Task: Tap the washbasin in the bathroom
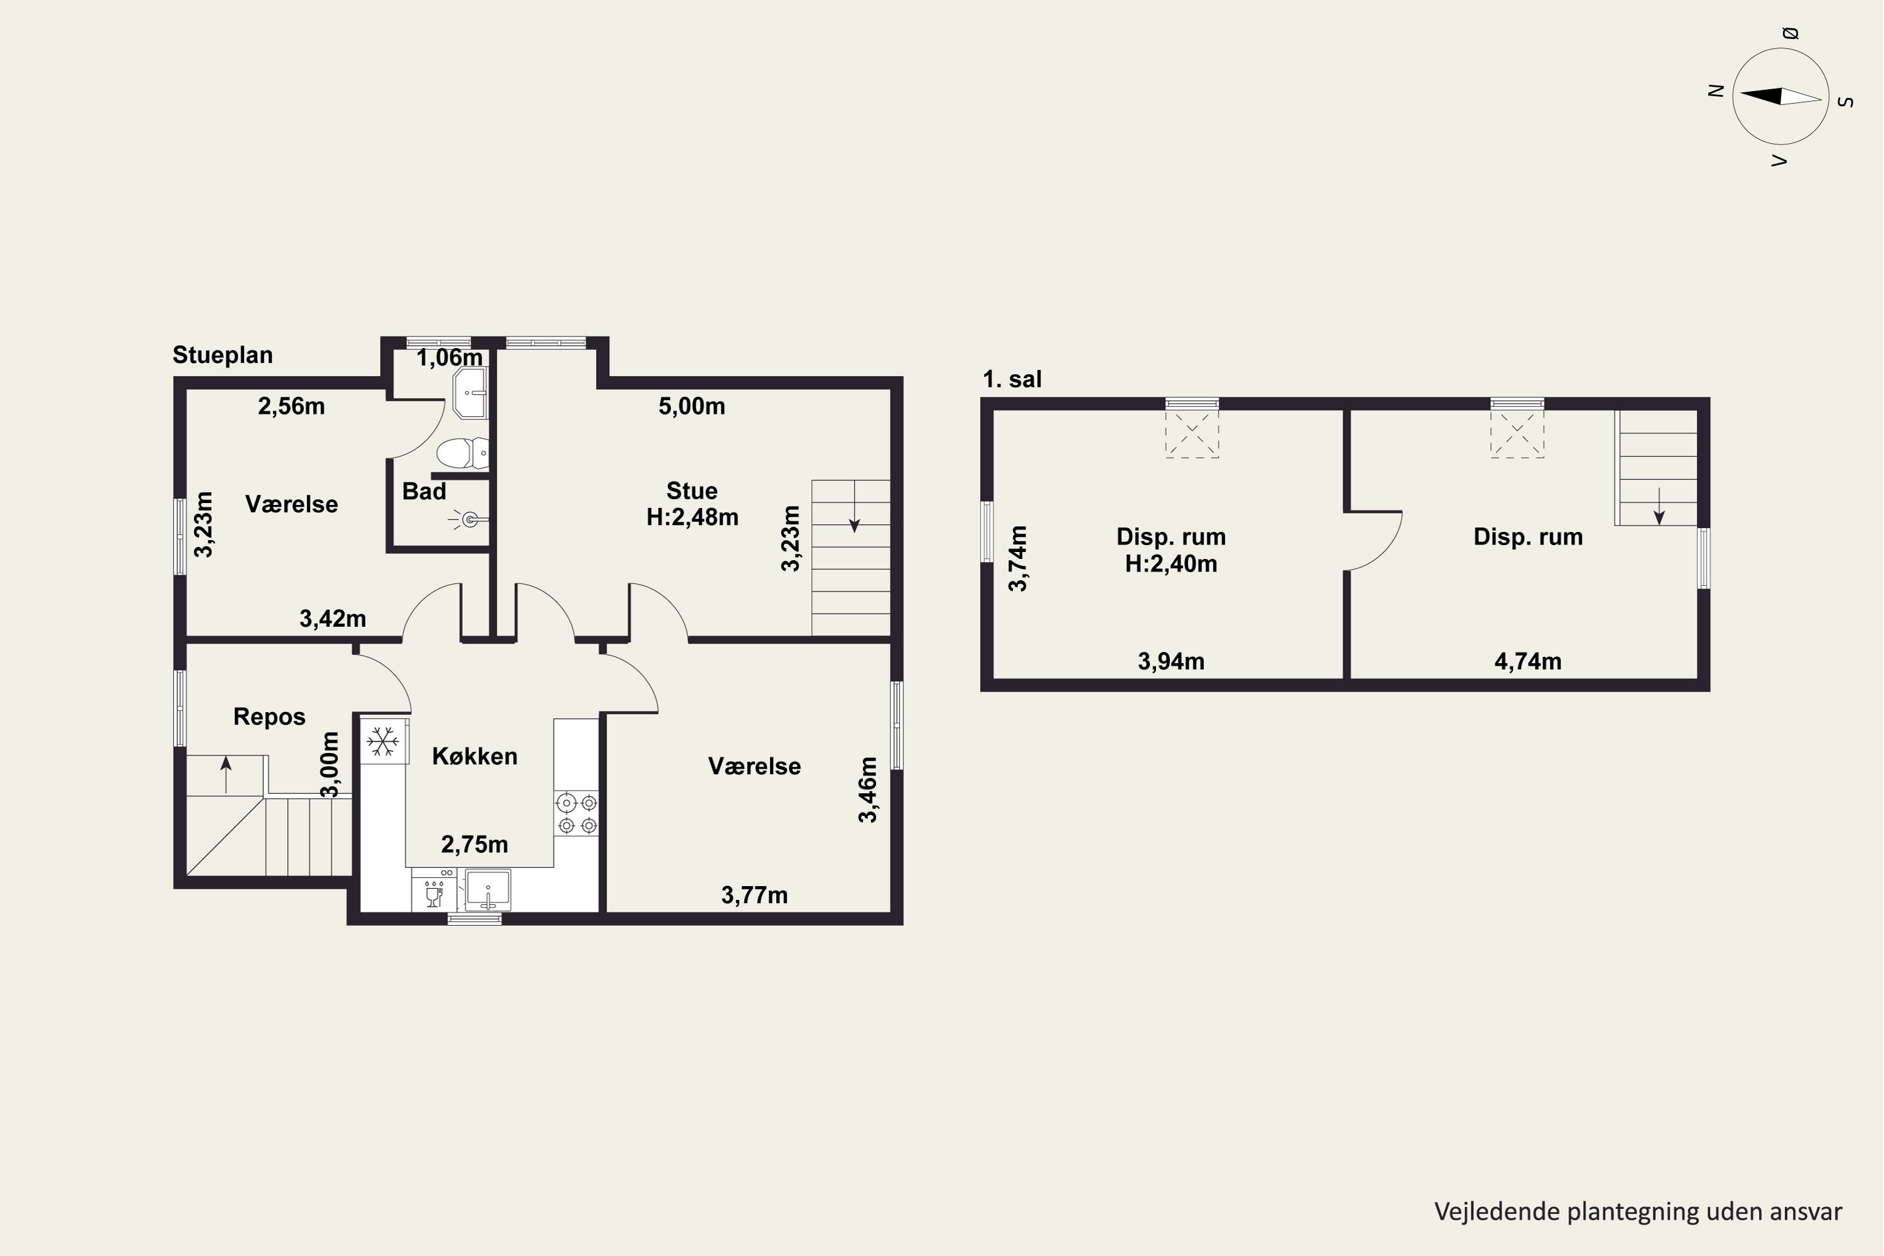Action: pyautogui.click(x=470, y=392)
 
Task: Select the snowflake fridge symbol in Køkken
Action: pyautogui.click(x=383, y=741)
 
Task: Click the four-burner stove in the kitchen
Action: pyautogui.click(x=577, y=813)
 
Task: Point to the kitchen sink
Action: pyautogui.click(x=488, y=889)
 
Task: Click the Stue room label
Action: pyautogui.click(x=692, y=490)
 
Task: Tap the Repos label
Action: pyautogui.click(x=269, y=717)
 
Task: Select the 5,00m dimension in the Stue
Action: pyautogui.click(x=692, y=406)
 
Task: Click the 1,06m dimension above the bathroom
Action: pyautogui.click(x=450, y=357)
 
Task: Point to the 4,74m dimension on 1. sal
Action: pyautogui.click(x=1527, y=662)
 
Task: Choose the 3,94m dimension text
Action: pyautogui.click(x=1171, y=662)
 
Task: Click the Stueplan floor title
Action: pyautogui.click(x=223, y=355)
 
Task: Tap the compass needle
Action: pyautogui.click(x=1780, y=96)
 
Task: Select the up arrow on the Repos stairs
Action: pyautogui.click(x=226, y=774)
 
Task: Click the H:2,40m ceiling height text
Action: pyautogui.click(x=1171, y=564)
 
